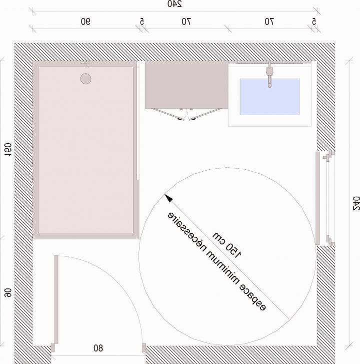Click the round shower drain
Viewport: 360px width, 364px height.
[86, 79]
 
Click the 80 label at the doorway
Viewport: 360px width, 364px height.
[97, 347]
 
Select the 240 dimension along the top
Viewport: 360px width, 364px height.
[173, 5]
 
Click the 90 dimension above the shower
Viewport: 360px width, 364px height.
[85, 22]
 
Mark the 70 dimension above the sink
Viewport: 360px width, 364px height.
[269, 22]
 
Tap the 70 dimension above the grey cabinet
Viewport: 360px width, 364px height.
[186, 22]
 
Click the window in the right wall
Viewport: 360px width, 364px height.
[324, 198]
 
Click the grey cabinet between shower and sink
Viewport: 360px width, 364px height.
[183, 85]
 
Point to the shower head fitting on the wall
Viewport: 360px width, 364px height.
[86, 64]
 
